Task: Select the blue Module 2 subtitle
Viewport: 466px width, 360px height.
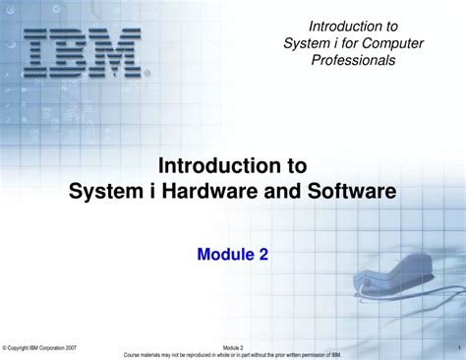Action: tap(233, 255)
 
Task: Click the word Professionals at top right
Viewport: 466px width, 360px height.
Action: tap(353, 60)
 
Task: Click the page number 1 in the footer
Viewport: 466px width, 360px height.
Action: tap(459, 348)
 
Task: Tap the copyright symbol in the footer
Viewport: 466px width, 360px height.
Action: tap(5, 348)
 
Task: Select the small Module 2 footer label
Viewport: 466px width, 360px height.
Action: tap(233, 348)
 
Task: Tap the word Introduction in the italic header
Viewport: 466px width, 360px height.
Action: tap(339, 25)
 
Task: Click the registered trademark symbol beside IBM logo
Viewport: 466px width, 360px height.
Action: tap(147, 73)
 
